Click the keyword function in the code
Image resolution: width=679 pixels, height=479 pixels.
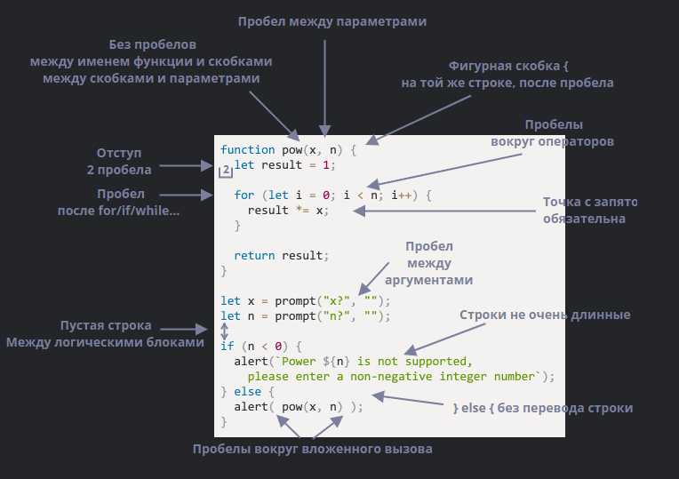247,150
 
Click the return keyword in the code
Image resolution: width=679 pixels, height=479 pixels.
254,256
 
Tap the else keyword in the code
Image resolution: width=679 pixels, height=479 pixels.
248,392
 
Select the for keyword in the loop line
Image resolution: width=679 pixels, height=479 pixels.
244,195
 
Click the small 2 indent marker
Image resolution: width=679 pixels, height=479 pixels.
226,171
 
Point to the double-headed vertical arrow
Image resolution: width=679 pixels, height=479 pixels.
224,331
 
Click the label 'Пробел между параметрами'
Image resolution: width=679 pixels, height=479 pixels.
332,21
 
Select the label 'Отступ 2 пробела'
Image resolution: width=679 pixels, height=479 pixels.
119,161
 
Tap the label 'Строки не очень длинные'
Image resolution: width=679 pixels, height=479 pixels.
545,315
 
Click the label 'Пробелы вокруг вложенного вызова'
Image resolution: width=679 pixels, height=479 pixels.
312,449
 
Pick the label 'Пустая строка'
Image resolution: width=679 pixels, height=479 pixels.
106,325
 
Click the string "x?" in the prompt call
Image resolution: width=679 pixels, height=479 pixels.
337,301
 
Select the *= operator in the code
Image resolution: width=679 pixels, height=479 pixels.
302,210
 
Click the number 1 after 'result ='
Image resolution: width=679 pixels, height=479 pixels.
326,165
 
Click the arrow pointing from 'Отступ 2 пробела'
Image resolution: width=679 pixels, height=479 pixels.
187,165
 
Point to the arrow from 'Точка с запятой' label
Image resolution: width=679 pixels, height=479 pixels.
444,211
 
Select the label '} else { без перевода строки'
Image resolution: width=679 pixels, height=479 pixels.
543,408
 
